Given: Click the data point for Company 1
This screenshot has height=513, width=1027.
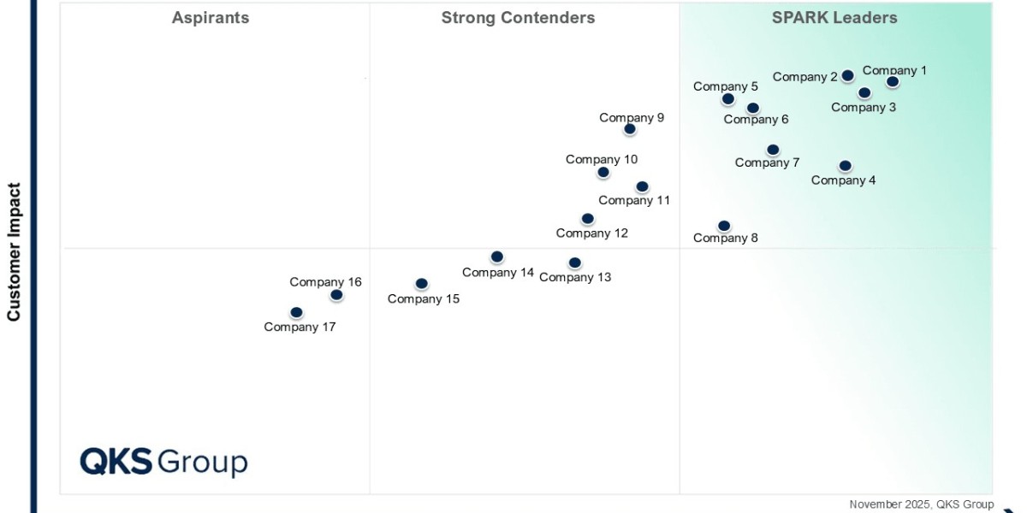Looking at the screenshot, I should click(893, 82).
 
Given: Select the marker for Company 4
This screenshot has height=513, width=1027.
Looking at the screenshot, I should click(846, 166).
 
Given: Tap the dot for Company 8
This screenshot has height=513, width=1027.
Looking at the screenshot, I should click(724, 226).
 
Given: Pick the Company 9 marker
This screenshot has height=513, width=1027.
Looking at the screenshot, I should click(630, 129).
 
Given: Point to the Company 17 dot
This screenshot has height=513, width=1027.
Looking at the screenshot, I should click(296, 313).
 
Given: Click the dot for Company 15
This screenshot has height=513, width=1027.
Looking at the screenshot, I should click(421, 284).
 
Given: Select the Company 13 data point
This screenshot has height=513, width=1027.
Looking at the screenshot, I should click(575, 263).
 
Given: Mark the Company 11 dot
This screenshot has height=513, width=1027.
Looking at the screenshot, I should click(643, 186).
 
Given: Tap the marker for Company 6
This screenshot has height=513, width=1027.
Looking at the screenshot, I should click(753, 108).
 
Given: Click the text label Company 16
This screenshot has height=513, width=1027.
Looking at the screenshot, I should click(325, 282).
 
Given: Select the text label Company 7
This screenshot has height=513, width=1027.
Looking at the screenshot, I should click(767, 162).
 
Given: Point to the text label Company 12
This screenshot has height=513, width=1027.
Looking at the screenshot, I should click(591, 233).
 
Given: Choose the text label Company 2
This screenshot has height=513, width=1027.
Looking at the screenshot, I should click(804, 77).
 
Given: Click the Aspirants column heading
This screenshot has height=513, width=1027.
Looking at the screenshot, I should click(211, 18).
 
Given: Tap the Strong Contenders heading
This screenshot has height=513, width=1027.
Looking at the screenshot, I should click(518, 18).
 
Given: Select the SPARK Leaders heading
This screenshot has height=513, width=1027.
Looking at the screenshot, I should click(834, 18).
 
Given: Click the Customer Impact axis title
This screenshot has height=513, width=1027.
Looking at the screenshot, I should click(14, 251).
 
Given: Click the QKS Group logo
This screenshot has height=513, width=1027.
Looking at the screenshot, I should click(163, 462).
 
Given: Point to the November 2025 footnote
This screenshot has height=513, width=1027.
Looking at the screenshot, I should click(921, 504).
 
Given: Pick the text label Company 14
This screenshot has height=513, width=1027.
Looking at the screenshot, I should click(497, 273).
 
